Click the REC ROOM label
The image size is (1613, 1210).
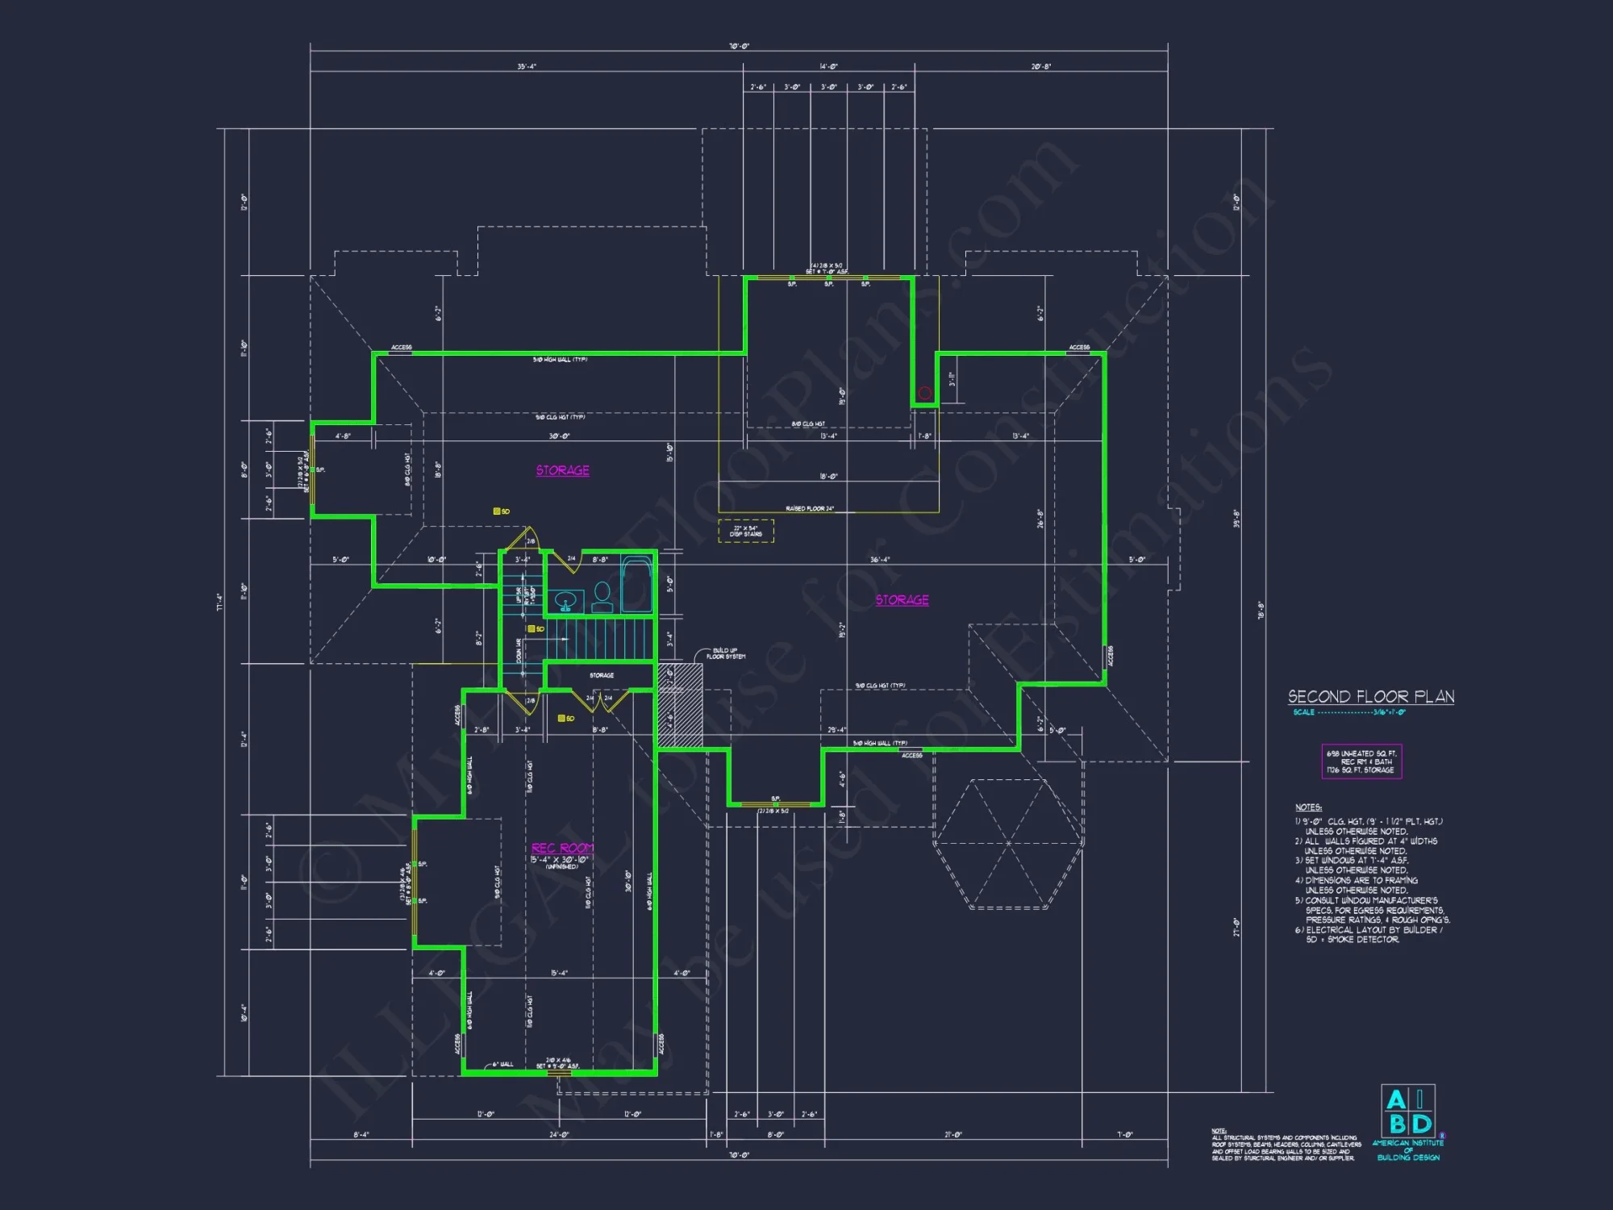tap(562, 848)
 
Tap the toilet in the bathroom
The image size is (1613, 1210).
tap(602, 597)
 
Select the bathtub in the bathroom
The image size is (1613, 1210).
tap(636, 584)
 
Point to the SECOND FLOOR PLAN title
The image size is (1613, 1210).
tap(1370, 697)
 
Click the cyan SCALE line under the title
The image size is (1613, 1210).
tap(1349, 712)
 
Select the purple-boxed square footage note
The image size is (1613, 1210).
tap(1361, 761)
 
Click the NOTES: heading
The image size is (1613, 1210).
tap(1308, 807)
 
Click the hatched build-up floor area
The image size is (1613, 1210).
tap(680, 705)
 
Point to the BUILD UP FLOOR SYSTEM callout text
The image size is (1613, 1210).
tap(725, 653)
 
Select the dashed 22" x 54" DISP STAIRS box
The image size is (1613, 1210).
tap(746, 531)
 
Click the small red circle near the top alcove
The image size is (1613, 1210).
tap(924, 393)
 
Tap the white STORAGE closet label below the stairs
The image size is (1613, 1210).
tap(602, 675)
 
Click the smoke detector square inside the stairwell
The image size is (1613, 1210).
tap(531, 628)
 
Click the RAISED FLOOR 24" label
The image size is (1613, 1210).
tap(809, 509)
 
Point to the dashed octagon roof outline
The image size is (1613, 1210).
tap(1008, 843)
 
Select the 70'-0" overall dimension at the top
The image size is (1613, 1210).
tap(739, 47)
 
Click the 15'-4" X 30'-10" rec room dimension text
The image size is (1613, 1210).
tap(559, 859)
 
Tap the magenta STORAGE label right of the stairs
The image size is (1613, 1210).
tap(902, 600)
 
